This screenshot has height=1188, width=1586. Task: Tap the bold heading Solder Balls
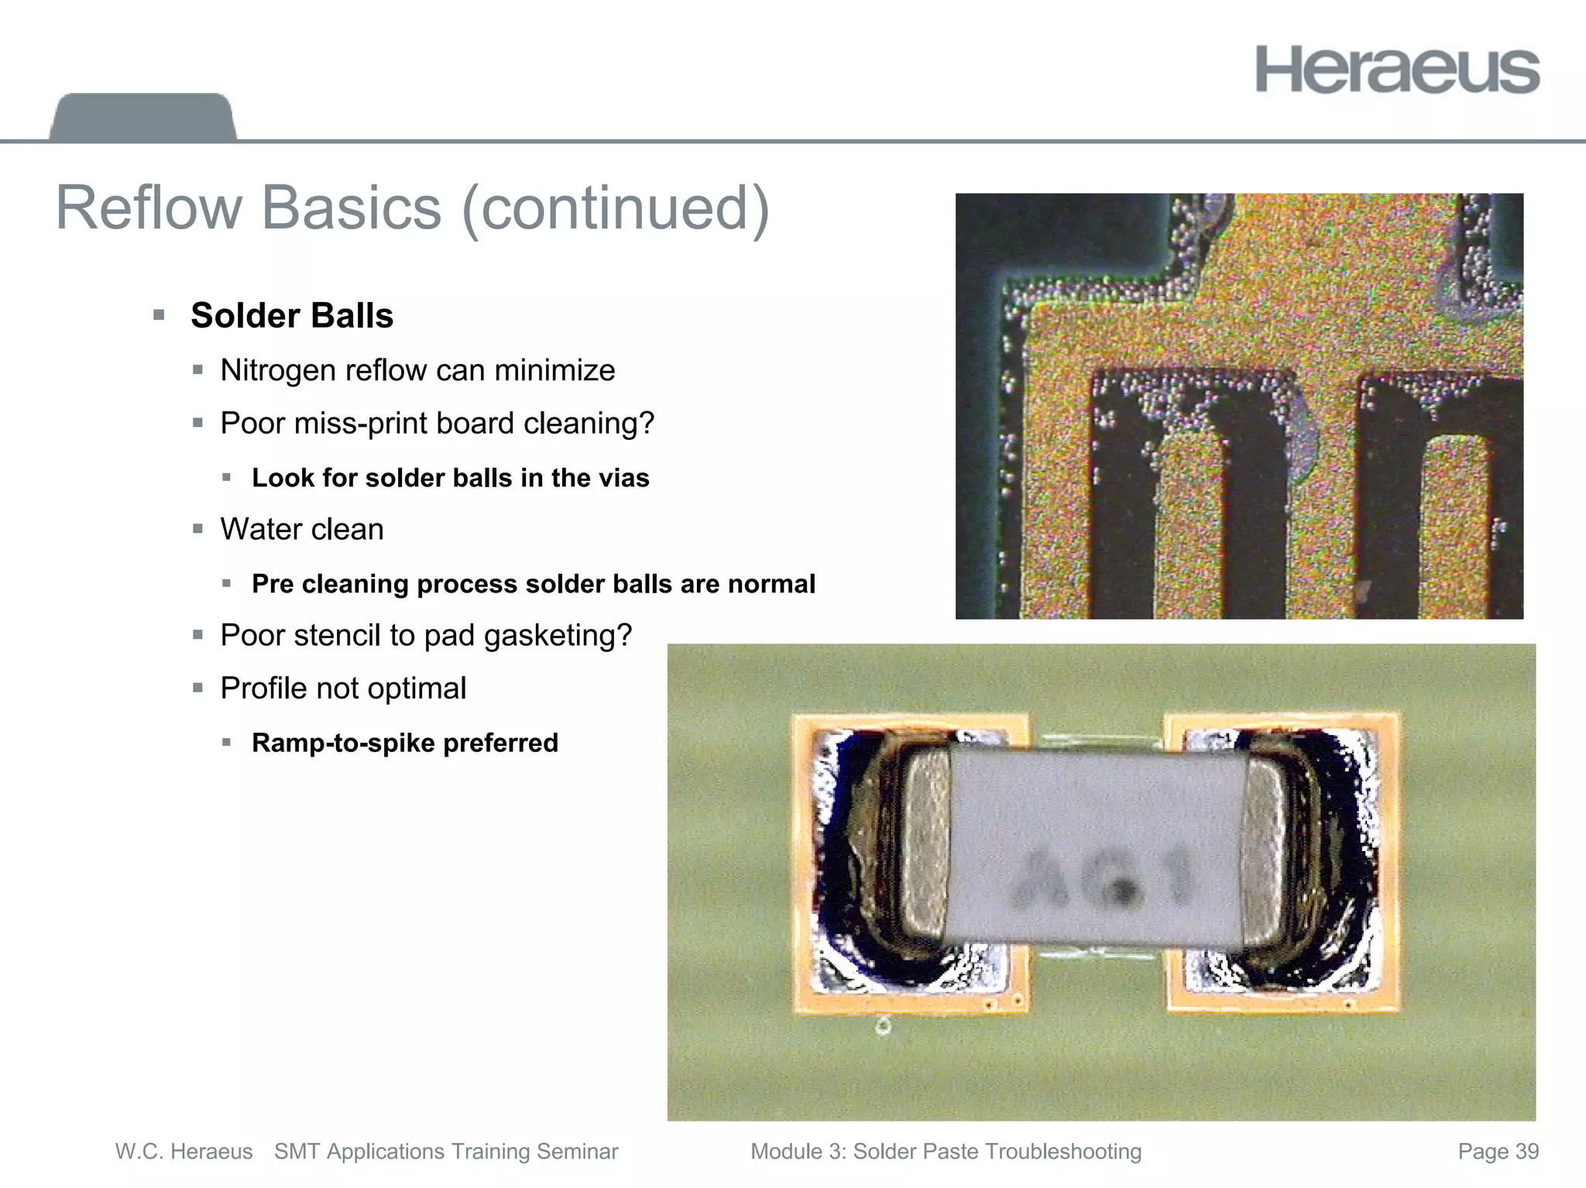point(292,315)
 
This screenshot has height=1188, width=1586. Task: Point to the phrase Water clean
point(302,529)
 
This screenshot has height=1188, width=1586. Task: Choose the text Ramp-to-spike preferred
point(405,743)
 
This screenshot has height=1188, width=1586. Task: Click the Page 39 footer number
point(1498,1152)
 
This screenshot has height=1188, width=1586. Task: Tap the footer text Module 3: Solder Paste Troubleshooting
point(946,1152)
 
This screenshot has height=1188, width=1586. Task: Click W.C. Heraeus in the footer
point(184,1152)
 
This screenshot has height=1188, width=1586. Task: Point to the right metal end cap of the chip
point(1264,844)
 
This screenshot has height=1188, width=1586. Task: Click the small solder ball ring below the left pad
point(883,1027)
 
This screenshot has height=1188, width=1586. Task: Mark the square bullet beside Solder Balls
point(160,315)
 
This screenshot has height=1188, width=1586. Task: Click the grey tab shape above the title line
point(142,117)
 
